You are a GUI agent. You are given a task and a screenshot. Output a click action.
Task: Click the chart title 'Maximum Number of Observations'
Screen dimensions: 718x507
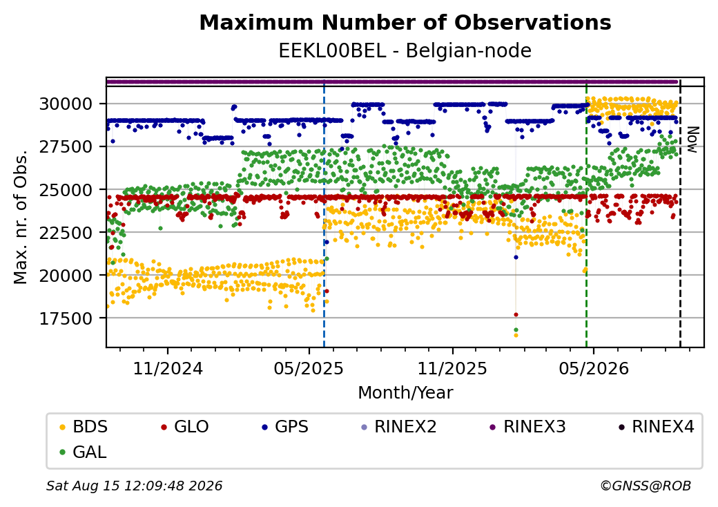pos(405,22)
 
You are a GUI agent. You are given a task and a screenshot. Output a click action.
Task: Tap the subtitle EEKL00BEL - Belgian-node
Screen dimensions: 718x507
pos(405,51)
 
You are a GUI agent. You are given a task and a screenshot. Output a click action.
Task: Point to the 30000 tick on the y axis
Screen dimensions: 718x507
pos(66,104)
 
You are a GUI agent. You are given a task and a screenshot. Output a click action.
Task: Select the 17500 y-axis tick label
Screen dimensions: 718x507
pos(66,318)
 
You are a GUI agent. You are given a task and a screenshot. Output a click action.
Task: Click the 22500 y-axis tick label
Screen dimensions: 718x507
pos(66,233)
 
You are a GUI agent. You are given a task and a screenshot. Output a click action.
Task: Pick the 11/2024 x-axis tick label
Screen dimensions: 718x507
pos(168,368)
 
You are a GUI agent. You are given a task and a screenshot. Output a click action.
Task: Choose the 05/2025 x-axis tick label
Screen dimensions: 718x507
pos(309,368)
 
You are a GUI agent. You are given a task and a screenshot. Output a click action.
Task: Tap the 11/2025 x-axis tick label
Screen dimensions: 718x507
pos(452,368)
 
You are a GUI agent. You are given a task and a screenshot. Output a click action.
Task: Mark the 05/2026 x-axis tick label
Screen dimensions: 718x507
pos(594,368)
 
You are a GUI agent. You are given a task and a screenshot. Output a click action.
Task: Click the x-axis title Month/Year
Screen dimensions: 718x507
pos(405,393)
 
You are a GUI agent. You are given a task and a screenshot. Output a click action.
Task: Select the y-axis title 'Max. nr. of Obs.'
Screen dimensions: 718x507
pos(21,217)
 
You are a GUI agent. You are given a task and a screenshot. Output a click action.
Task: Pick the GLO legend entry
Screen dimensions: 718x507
pos(185,427)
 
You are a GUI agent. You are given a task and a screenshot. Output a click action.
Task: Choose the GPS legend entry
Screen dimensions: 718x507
pos(285,427)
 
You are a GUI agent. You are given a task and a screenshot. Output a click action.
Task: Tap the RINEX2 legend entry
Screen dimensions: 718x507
pos(399,427)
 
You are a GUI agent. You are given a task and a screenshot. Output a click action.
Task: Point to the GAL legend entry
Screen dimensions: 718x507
pos(84,452)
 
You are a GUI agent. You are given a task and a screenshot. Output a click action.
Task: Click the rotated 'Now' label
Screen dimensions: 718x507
pos(693,140)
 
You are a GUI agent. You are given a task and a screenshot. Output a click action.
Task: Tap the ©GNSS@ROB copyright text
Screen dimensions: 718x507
pos(646,486)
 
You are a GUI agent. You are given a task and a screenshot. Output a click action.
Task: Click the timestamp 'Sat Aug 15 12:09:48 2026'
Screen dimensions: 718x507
pos(135,486)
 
